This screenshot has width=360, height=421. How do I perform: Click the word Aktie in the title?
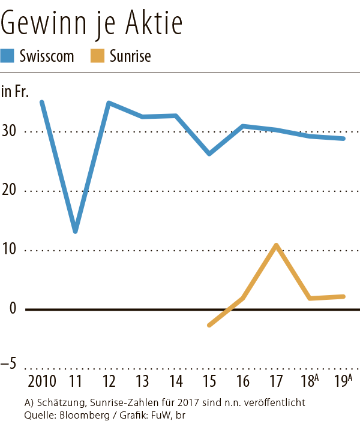point(152,23)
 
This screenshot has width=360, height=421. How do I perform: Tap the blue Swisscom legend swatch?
point(8,56)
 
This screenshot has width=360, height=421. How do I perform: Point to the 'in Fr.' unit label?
point(15,92)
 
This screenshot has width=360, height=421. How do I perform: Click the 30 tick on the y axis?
point(10,131)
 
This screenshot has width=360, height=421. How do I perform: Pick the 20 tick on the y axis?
point(10,191)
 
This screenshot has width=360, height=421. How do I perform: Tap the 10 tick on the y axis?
point(10,250)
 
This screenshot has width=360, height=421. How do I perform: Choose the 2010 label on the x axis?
point(42,382)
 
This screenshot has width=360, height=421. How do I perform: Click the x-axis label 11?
point(76,382)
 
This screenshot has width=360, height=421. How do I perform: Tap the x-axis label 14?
point(176,382)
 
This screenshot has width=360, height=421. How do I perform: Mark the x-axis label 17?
point(276,382)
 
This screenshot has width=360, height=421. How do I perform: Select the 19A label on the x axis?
point(343,381)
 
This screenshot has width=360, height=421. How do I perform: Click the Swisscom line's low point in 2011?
point(76,231)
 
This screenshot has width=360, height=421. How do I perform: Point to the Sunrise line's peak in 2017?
point(276,245)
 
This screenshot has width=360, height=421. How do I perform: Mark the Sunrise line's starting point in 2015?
point(209,325)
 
